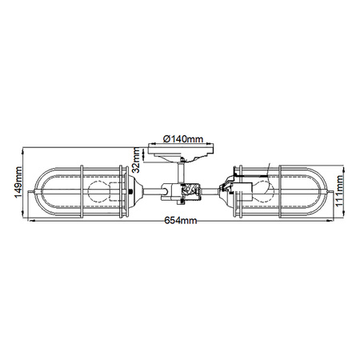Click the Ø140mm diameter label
click(183, 139)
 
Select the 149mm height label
click(18, 182)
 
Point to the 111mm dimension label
click(339, 190)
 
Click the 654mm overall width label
click(181, 221)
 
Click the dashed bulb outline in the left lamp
click(98, 192)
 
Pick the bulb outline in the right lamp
click(263, 190)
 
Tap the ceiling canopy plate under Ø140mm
click(181, 150)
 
